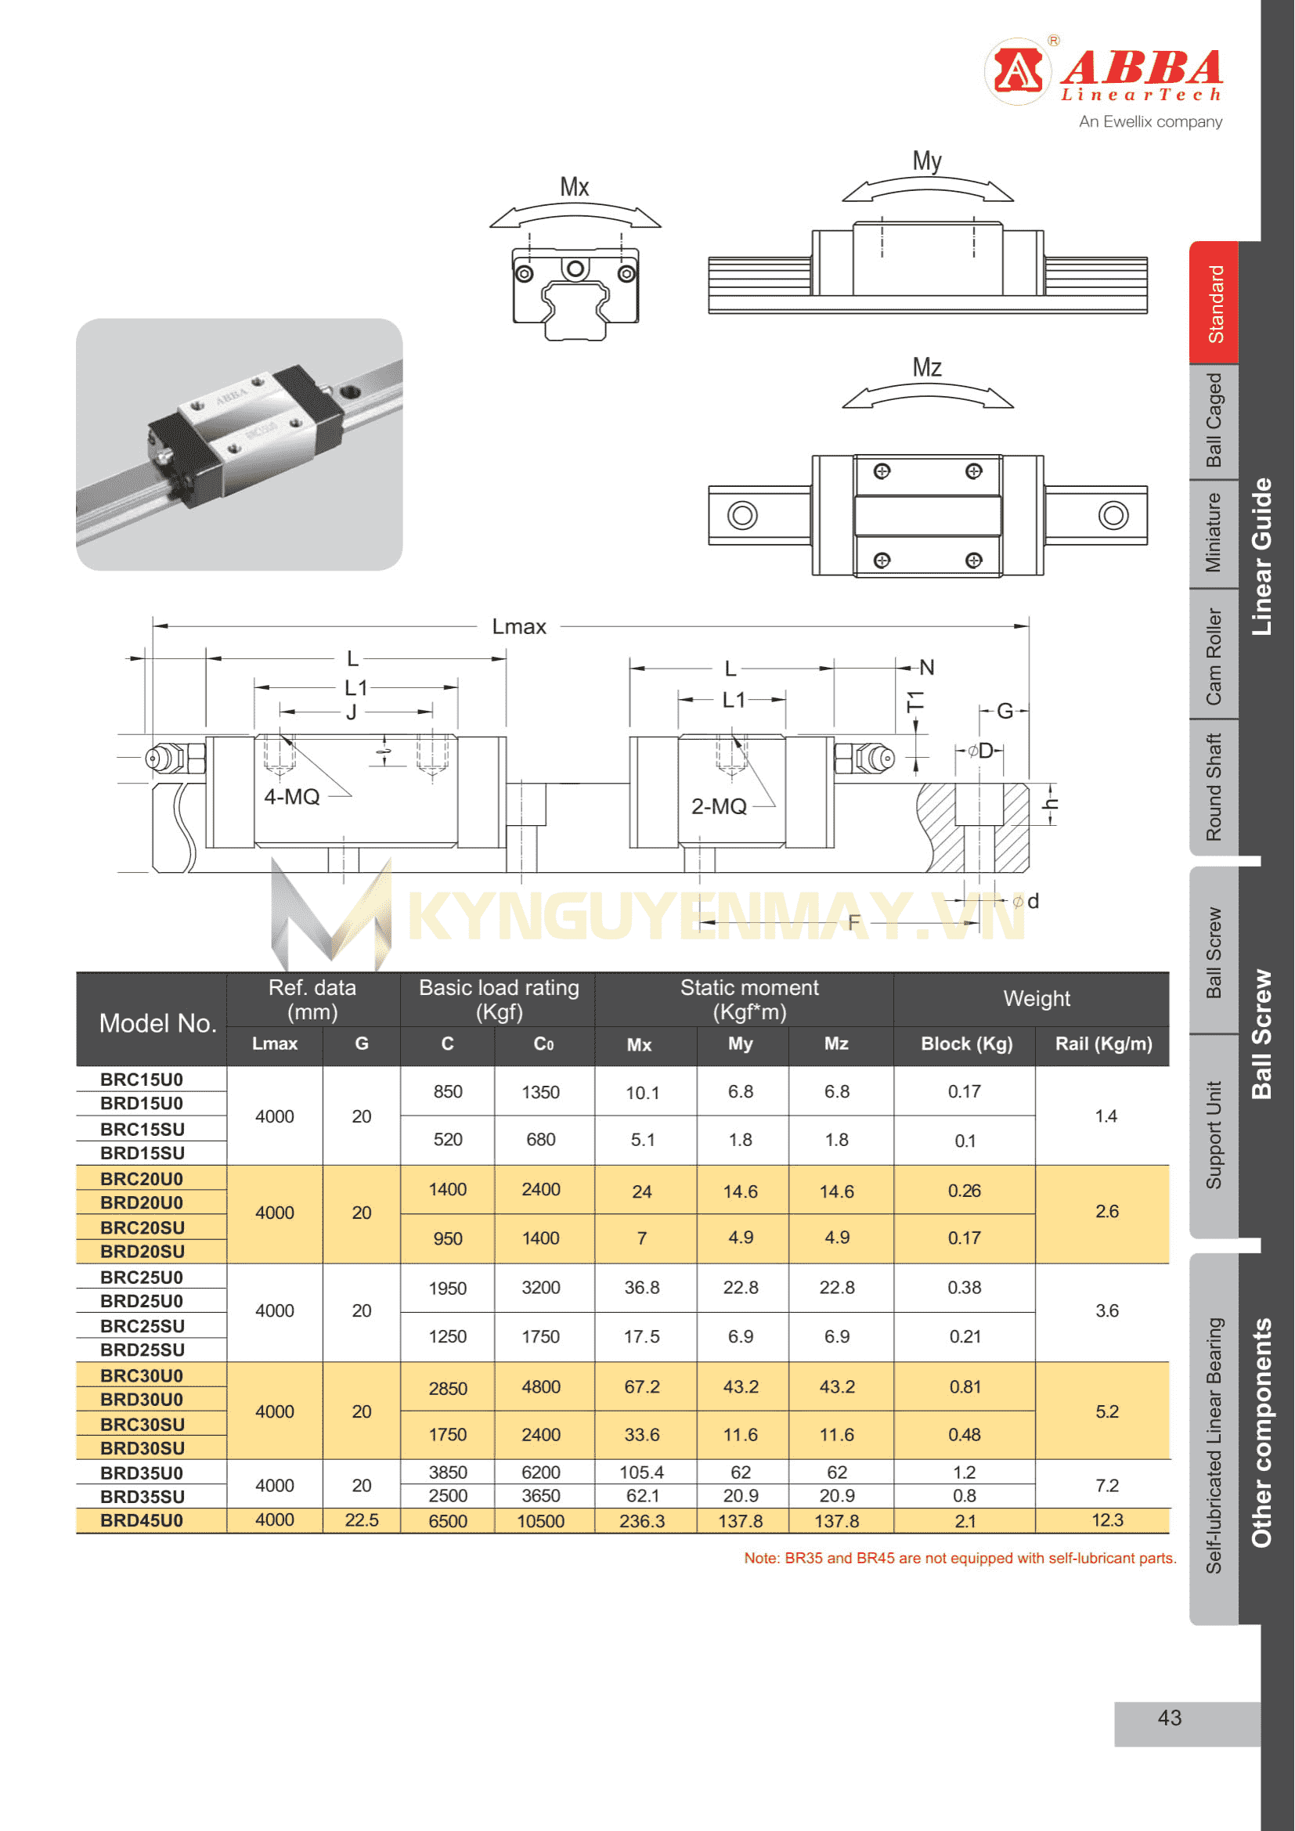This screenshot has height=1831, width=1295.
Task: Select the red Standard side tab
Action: [x=1214, y=304]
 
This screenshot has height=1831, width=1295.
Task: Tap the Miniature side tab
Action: [x=1213, y=533]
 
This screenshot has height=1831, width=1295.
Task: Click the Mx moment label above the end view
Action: [x=574, y=187]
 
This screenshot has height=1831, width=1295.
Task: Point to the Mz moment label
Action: [x=927, y=368]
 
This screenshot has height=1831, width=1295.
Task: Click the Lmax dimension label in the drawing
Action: [x=518, y=627]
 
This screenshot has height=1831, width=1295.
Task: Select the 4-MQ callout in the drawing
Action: [x=292, y=797]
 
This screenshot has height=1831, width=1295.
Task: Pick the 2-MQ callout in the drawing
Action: [x=720, y=806]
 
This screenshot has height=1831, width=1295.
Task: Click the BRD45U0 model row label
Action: [x=142, y=1520]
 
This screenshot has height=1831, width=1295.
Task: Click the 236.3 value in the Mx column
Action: [x=642, y=1521]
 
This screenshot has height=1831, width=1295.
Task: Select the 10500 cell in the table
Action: [x=541, y=1521]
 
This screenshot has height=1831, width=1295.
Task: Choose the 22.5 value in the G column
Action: [x=361, y=1520]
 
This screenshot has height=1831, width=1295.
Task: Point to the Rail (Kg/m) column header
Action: [x=1104, y=1044]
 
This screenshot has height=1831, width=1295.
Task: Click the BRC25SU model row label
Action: [x=142, y=1326]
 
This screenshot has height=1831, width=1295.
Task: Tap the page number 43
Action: [x=1170, y=1717]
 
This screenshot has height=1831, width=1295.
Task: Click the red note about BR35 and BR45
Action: [x=960, y=1559]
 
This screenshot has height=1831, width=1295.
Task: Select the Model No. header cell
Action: [x=158, y=1023]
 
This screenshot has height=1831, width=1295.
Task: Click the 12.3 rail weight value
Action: [x=1107, y=1520]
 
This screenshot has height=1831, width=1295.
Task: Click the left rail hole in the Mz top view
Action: [x=742, y=515]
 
